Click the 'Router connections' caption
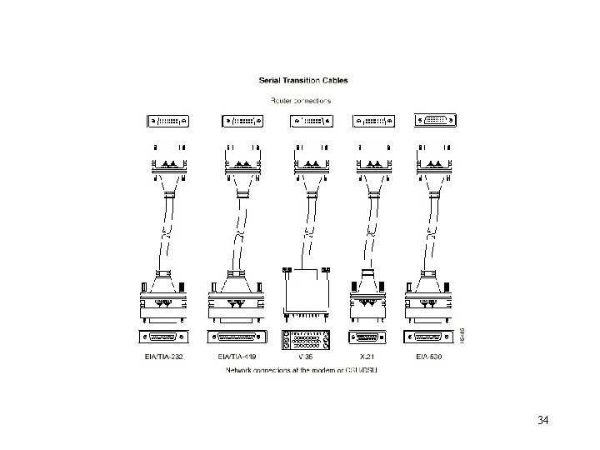301,99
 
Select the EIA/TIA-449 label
237,357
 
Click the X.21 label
367,357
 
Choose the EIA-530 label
430,357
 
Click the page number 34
543,417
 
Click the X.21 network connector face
367,338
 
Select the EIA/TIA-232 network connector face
169,338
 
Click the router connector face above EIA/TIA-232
169,122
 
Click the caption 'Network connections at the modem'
302,370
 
